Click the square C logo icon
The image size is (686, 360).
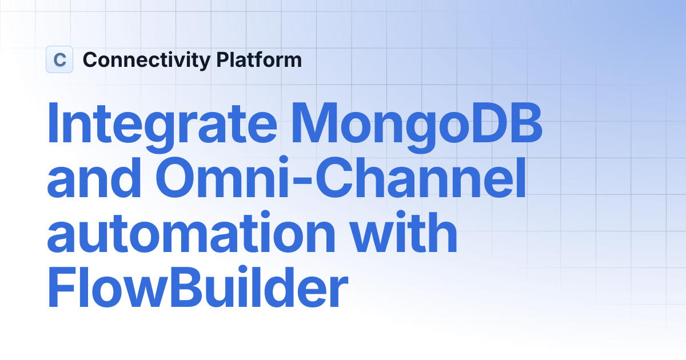pyautogui.click(x=59, y=59)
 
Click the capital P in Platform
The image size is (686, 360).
pyautogui.click(x=222, y=59)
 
